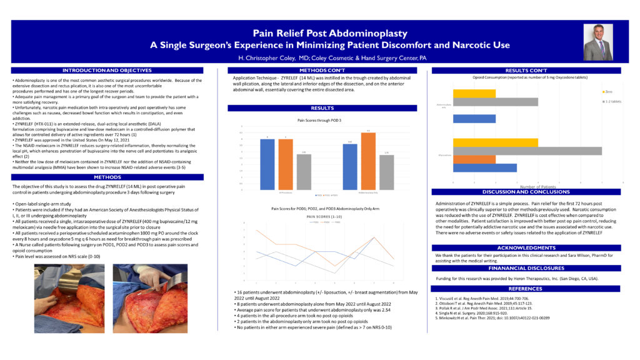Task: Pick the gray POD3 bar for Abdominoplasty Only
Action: click(x=387, y=172)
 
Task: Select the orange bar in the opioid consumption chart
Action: click(x=474, y=159)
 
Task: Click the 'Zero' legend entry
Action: click(x=607, y=91)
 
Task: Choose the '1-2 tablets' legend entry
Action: click(x=612, y=100)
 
